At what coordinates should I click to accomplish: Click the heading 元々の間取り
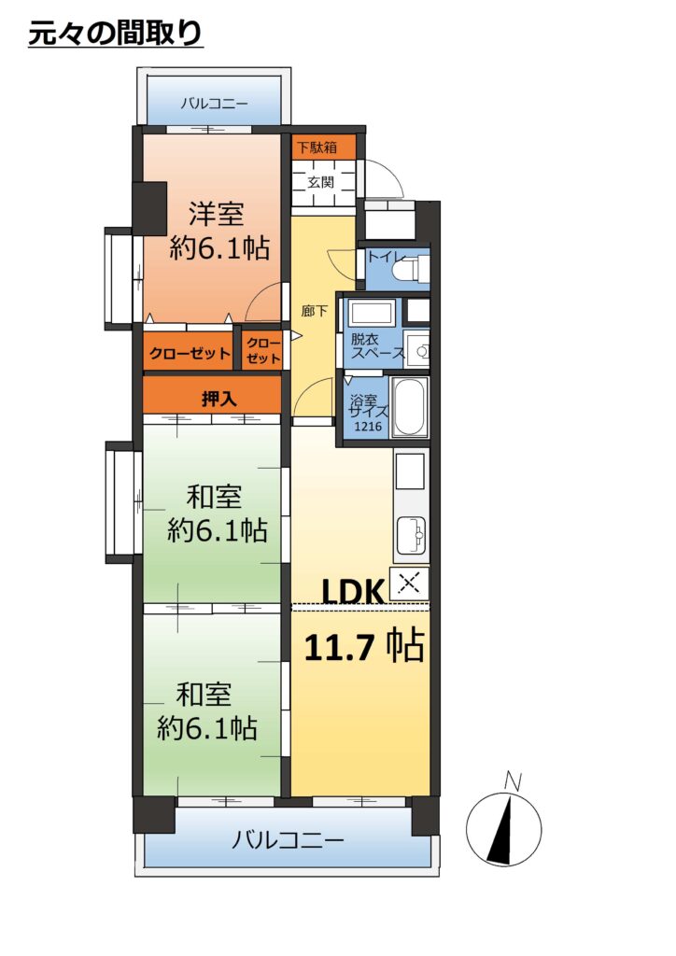point(115,33)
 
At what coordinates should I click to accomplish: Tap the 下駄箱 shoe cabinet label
point(317,148)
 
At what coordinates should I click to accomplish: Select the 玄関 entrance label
point(320,182)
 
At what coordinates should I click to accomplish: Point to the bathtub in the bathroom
point(409,407)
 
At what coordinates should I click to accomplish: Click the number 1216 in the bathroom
point(368,427)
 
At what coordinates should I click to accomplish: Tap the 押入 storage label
point(218,400)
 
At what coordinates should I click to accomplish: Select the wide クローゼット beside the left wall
point(190,353)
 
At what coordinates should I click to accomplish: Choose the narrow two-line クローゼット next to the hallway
point(263,351)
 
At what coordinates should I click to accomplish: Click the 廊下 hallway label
point(315,311)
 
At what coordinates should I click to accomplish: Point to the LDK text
point(352,590)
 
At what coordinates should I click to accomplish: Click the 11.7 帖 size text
point(364,646)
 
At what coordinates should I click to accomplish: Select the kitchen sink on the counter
point(411,535)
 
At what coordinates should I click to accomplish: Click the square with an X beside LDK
point(409,584)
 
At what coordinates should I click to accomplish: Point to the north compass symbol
point(503,827)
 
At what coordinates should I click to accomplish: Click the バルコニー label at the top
point(214,104)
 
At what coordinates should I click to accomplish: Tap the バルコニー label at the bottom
point(287,841)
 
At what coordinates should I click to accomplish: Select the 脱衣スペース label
point(377,345)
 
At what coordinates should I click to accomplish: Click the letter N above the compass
point(514,781)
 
